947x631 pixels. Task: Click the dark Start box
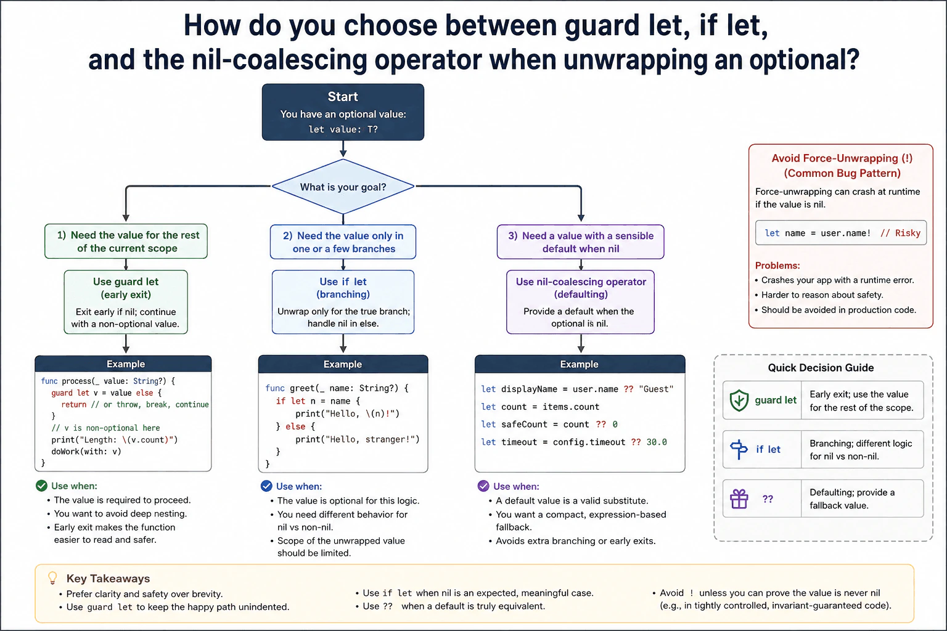343,112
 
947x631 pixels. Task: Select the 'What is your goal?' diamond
343,186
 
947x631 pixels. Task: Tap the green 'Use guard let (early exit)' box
126,302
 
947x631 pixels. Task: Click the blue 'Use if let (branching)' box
343,302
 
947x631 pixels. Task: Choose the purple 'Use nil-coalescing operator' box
580,302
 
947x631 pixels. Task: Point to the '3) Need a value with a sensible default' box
580,242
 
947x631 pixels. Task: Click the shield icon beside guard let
739,401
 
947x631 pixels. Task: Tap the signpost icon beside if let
739,449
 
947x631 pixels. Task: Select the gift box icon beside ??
739,499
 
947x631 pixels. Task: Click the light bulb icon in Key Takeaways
52,578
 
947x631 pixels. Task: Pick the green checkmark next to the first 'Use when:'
41,486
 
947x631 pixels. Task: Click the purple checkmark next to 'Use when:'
483,486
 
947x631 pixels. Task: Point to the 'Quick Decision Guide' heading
821,368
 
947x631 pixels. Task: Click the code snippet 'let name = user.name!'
818,233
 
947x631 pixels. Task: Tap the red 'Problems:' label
777,266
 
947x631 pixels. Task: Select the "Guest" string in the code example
656,389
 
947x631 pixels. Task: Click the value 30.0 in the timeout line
657,442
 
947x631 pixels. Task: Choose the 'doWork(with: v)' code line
86,452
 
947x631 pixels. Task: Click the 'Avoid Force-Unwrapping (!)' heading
842,158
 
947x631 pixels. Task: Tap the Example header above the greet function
343,364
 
